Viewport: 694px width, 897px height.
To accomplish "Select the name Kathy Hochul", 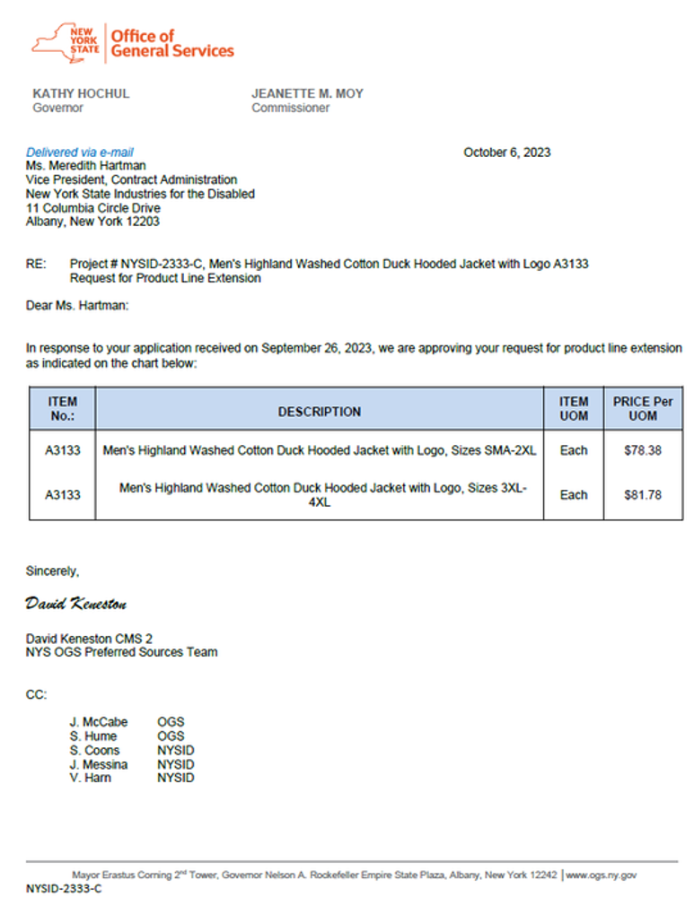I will [81, 93].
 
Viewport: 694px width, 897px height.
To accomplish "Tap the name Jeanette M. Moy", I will [307, 93].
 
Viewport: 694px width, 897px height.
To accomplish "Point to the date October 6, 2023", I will [507, 152].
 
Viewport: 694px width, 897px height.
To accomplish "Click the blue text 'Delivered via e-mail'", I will [80, 152].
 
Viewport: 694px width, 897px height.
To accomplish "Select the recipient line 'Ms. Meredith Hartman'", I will [86, 166].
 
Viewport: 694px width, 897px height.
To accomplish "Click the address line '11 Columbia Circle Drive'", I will [93, 207].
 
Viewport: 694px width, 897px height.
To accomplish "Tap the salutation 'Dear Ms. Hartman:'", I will [77, 306].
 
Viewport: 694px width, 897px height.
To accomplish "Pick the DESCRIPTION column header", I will [319, 412].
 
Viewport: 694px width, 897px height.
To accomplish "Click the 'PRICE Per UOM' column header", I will [642, 408].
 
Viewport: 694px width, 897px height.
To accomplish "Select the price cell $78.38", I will [642, 450].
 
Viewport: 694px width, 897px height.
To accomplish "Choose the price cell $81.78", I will [642, 494].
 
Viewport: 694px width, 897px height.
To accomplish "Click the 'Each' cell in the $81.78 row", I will [573, 494].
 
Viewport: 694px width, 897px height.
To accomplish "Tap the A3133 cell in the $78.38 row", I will [63, 450].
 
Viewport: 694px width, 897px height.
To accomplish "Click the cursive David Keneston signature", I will [76, 604].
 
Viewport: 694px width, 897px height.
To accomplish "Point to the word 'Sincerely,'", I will [53, 570].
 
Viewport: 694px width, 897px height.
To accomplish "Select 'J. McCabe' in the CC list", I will [99, 721].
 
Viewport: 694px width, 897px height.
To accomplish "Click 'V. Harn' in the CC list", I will [91, 778].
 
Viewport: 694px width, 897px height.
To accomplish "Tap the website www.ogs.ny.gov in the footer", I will [601, 874].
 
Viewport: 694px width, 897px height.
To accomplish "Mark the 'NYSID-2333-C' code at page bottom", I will [64, 888].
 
